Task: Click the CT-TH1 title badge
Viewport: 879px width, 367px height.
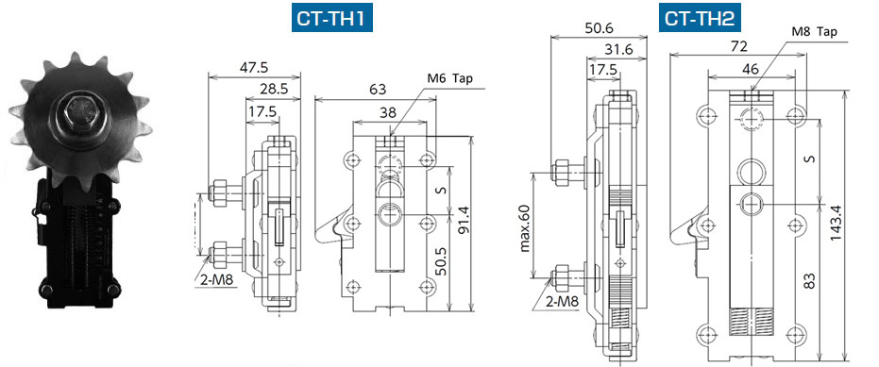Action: tap(332, 19)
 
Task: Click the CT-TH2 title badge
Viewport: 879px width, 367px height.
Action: tap(700, 19)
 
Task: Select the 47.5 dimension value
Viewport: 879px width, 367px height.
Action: tap(254, 67)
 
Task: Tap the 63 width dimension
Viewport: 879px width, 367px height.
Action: tap(376, 89)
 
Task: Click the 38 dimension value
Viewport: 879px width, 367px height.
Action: tap(388, 111)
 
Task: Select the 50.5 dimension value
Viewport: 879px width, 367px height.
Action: tap(442, 260)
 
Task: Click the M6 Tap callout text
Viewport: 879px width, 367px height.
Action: tap(450, 78)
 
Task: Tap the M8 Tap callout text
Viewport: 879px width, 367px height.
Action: tap(815, 31)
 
